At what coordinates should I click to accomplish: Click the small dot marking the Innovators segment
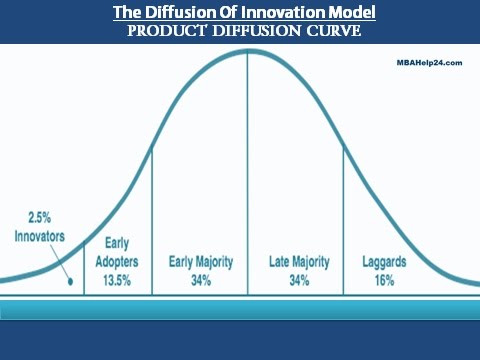[x=70, y=283]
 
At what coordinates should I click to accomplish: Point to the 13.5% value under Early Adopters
[x=117, y=280]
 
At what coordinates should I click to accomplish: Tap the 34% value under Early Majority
[x=200, y=281]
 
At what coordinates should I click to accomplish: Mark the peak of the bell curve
[x=247, y=51]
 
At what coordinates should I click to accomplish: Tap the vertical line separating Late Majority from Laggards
[x=343, y=220]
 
